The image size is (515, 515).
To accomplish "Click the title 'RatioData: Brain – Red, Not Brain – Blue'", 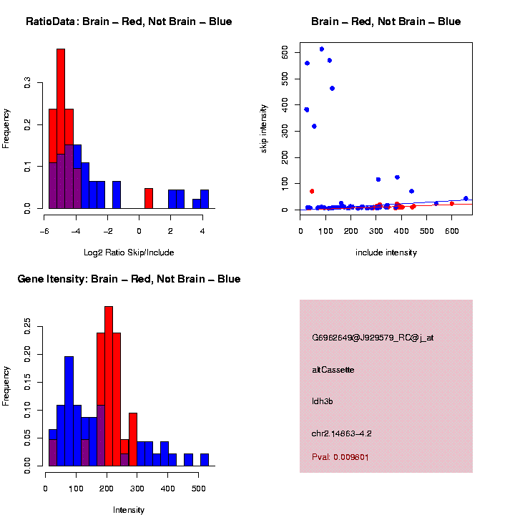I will pyautogui.click(x=129, y=21).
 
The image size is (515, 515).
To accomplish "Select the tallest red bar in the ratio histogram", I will pyautogui.click(x=61, y=129).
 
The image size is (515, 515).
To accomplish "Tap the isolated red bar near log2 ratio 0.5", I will pyautogui.click(x=149, y=198).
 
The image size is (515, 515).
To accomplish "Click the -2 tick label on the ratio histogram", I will pyautogui.click(x=108, y=231).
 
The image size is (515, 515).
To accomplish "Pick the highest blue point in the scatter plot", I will pyautogui.click(x=322, y=49).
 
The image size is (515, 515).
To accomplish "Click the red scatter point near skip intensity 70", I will pyautogui.click(x=312, y=191).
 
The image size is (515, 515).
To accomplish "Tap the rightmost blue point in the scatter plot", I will pyautogui.click(x=466, y=199).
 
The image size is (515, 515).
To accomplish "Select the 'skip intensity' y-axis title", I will pyautogui.click(x=264, y=127).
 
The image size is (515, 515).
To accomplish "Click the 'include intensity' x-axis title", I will pyautogui.click(x=386, y=252).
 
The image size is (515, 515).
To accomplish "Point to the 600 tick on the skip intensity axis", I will pyautogui.click(x=285, y=53).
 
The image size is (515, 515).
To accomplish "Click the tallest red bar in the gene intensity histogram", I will pyautogui.click(x=109, y=386).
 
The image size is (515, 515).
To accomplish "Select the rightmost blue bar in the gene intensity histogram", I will pyautogui.click(x=205, y=460).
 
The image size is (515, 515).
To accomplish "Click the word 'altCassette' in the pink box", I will pyautogui.click(x=333, y=370).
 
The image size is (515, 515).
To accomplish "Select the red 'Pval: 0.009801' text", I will pyautogui.click(x=340, y=457).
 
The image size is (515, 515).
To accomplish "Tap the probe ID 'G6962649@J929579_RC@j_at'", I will pyautogui.click(x=373, y=338).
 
